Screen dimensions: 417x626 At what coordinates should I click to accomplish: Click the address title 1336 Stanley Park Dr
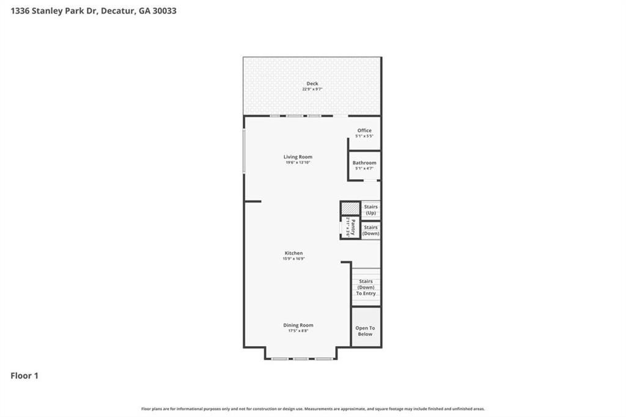point(94,10)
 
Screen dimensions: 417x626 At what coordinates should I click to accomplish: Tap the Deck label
point(312,84)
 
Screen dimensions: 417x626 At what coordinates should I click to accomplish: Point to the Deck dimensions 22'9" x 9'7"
point(312,89)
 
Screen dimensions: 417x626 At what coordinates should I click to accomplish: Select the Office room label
point(364,130)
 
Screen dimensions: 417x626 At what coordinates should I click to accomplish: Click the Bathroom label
point(364,163)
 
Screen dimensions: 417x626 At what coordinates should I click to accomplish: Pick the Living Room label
point(298,157)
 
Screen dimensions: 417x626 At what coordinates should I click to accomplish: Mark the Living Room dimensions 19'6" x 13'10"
point(298,163)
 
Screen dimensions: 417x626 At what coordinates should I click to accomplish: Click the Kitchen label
point(293,253)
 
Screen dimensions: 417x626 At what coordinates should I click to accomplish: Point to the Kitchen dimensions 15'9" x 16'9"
point(293,259)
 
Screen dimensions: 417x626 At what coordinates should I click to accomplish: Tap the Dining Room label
point(298,325)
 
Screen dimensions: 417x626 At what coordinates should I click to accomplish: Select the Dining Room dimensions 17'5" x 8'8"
point(298,331)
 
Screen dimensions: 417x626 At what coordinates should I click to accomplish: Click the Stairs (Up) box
point(370,210)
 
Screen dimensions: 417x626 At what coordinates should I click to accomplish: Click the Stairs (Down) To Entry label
point(366,287)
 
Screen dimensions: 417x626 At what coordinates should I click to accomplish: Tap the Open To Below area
point(366,331)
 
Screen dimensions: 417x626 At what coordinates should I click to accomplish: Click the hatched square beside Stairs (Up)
point(350,208)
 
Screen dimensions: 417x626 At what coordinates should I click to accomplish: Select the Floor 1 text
point(24,376)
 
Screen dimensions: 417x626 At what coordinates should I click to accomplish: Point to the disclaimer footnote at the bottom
point(313,409)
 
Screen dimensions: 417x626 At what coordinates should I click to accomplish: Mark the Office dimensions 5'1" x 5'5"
point(364,136)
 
